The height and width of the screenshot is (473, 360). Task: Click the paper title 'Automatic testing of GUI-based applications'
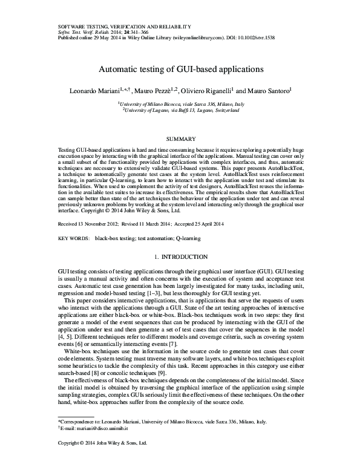coord(180,69)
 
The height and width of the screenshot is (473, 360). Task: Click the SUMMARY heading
coord(180,139)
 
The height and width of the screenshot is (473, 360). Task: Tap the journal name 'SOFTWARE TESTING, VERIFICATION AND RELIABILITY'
coord(124,27)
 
